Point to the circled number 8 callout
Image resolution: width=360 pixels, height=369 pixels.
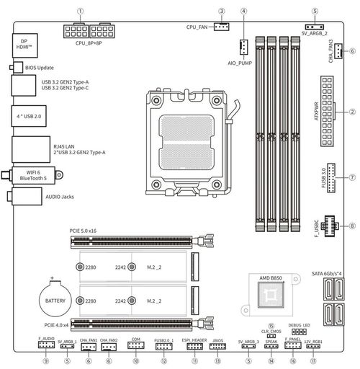pos(353,226)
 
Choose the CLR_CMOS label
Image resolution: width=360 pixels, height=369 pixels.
pos(271,332)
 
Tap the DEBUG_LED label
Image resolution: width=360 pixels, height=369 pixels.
pos(298,326)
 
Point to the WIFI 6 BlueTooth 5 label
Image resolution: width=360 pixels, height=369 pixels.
pos(34,174)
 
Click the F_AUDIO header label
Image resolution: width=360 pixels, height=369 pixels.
pos(46,339)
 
